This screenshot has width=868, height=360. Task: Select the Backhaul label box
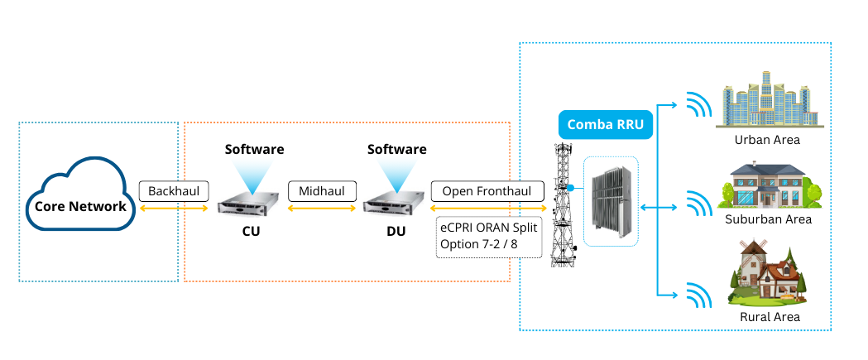click(174, 191)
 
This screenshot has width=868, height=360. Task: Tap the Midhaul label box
click(322, 191)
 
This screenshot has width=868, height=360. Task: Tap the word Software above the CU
click(255, 150)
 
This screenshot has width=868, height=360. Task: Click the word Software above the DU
click(397, 150)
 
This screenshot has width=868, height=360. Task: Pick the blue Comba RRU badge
click(606, 124)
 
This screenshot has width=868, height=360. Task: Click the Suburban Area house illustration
click(768, 185)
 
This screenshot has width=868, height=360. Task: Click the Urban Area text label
click(767, 140)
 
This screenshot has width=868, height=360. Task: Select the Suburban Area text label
click(768, 219)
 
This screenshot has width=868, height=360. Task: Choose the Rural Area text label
click(770, 317)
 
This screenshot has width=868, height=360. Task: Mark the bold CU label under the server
click(251, 231)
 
